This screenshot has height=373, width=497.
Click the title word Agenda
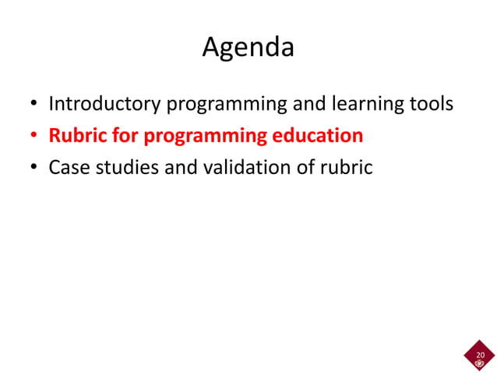click(x=248, y=48)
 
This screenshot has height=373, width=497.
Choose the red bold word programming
click(x=205, y=136)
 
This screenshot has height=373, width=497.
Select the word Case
click(x=68, y=167)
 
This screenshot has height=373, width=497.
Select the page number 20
click(x=480, y=355)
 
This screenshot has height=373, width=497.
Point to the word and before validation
click(x=179, y=167)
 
